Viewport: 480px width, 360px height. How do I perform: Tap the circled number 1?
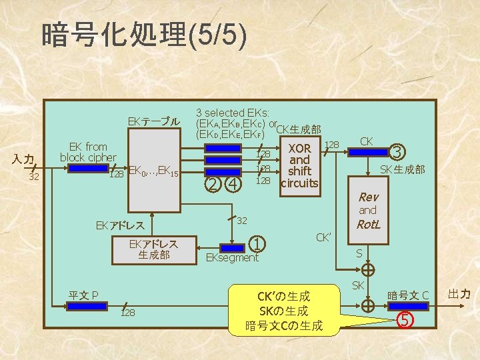[257, 244]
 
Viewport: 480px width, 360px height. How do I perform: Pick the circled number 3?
[397, 152]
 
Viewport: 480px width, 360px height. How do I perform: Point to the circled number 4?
[234, 183]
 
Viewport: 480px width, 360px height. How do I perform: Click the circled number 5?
[403, 319]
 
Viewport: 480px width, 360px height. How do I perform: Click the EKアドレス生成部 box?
[153, 249]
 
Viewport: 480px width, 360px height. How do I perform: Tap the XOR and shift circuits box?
[299, 165]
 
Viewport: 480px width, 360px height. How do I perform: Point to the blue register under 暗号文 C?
[407, 306]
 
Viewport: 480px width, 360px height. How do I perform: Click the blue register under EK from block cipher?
[88, 169]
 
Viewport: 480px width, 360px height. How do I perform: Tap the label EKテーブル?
[154, 121]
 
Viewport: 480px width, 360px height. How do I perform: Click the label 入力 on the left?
[25, 159]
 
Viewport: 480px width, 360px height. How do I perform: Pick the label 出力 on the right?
[459, 293]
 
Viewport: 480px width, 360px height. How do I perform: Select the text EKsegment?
[232, 257]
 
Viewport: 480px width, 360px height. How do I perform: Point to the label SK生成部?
[402, 169]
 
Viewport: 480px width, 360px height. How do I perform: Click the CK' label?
[324, 235]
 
